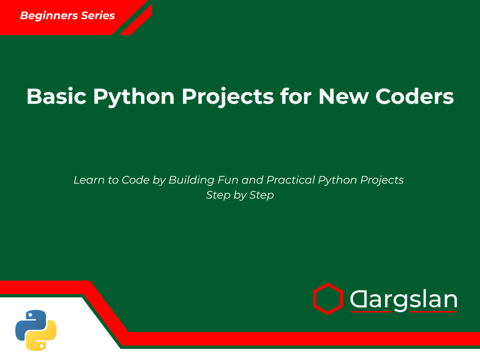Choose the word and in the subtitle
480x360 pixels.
[252, 179]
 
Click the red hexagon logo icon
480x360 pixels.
[327, 299]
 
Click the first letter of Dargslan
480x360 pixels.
[359, 300]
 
